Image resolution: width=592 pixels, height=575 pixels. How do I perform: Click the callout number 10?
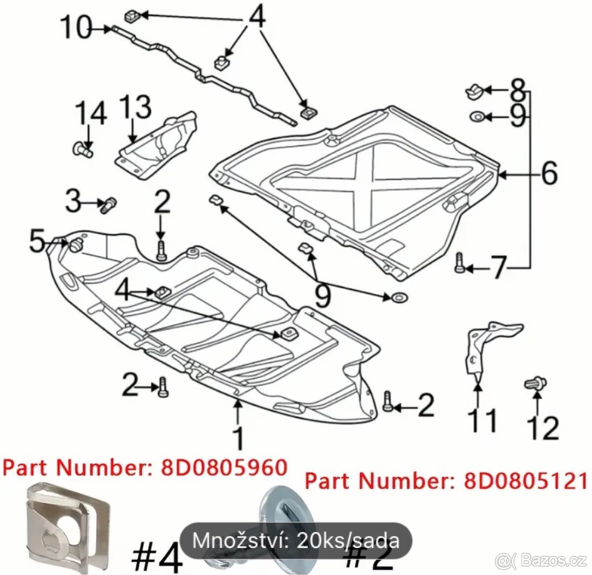[76, 28]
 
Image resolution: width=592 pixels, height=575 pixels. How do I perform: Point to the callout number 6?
[549, 173]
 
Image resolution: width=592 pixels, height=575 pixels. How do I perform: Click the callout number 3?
[73, 201]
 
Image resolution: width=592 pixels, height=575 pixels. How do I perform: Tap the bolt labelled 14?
[83, 149]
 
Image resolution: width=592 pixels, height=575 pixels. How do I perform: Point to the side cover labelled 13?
[157, 144]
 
